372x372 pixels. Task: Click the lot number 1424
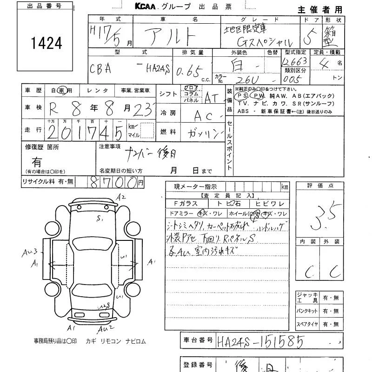(x=46, y=43)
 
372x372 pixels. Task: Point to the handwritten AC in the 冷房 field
(x=205, y=115)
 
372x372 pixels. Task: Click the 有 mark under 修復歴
(x=37, y=162)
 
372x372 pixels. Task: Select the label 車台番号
(x=197, y=340)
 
